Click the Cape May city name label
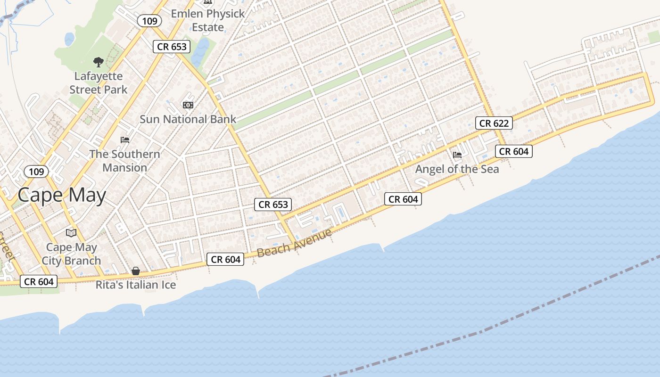click(x=62, y=195)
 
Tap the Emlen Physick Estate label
click(x=208, y=20)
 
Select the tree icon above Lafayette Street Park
click(x=98, y=62)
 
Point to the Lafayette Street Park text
click(x=99, y=82)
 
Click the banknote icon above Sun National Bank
click(x=188, y=105)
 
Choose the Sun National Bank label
click(x=188, y=119)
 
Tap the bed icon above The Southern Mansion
click(x=125, y=140)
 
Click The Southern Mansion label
click(x=125, y=161)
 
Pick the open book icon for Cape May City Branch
click(x=71, y=233)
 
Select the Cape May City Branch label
click(x=71, y=254)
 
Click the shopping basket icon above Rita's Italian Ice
click(x=136, y=271)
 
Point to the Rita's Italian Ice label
click(x=136, y=285)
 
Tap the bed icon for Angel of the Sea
click(x=457, y=155)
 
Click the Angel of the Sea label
click(x=457, y=169)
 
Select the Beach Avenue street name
click(x=294, y=242)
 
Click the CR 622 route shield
click(x=494, y=123)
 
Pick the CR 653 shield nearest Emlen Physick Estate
click(x=172, y=47)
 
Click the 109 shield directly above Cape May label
click(x=36, y=172)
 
